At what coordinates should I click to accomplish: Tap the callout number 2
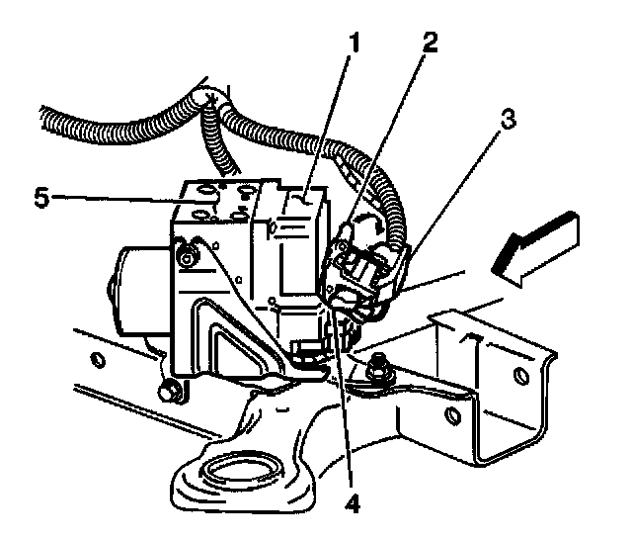(427, 43)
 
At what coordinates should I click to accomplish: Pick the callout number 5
(42, 196)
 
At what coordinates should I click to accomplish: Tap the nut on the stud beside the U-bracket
(376, 375)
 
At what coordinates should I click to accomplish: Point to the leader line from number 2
(385, 139)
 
